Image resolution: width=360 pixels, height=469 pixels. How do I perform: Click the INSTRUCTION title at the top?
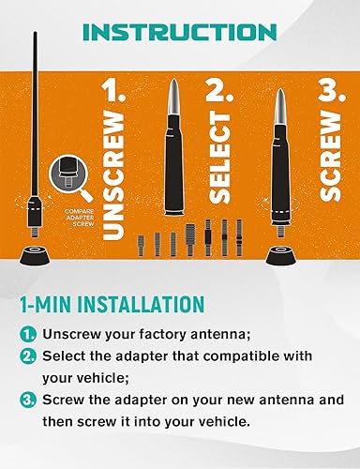click(x=180, y=31)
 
